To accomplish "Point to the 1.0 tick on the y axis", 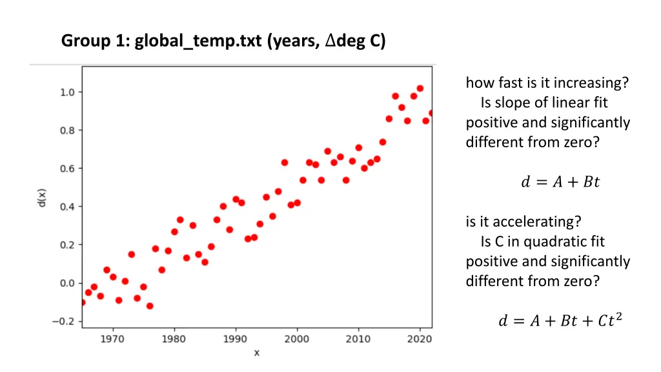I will click(x=67, y=92).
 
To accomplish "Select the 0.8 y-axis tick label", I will click(x=67, y=130).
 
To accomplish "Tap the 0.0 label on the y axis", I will click(x=67, y=283).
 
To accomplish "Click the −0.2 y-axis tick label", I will click(x=65, y=321).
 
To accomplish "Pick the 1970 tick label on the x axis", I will click(x=113, y=338).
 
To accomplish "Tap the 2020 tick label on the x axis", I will click(x=420, y=338).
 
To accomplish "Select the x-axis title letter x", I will click(x=256, y=353).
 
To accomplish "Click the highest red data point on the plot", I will click(x=420, y=88).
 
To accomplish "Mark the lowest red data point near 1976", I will click(x=150, y=306).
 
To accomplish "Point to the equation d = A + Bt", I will click(x=560, y=182).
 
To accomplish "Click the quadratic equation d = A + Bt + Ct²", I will click(x=560, y=320).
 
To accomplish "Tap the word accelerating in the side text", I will click(x=542, y=222).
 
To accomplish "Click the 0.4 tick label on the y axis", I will click(x=67, y=207).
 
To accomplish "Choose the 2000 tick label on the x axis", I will click(x=297, y=338).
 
